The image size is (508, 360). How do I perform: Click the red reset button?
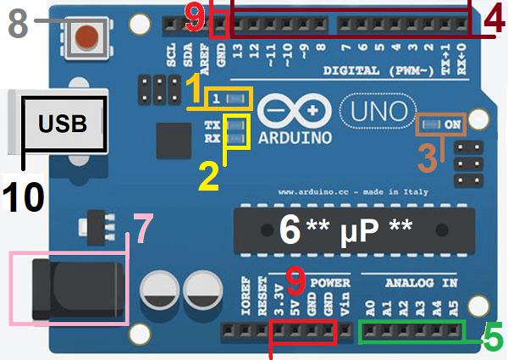pyautogui.click(x=87, y=36)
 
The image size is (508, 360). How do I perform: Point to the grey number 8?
pyautogui.click(x=19, y=24)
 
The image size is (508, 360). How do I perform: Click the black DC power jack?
pyautogui.click(x=73, y=288)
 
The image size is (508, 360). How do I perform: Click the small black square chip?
pyautogui.click(x=174, y=140)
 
